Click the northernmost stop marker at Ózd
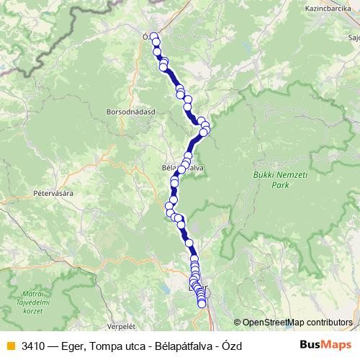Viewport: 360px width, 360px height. (x=153, y=36)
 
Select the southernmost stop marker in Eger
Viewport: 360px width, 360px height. (x=202, y=304)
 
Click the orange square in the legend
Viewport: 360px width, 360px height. (x=10, y=346)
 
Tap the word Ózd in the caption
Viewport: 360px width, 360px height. (x=231, y=346)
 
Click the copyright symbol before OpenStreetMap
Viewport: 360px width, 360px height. (x=238, y=323)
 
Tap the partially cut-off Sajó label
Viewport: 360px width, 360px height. (x=354, y=36)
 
